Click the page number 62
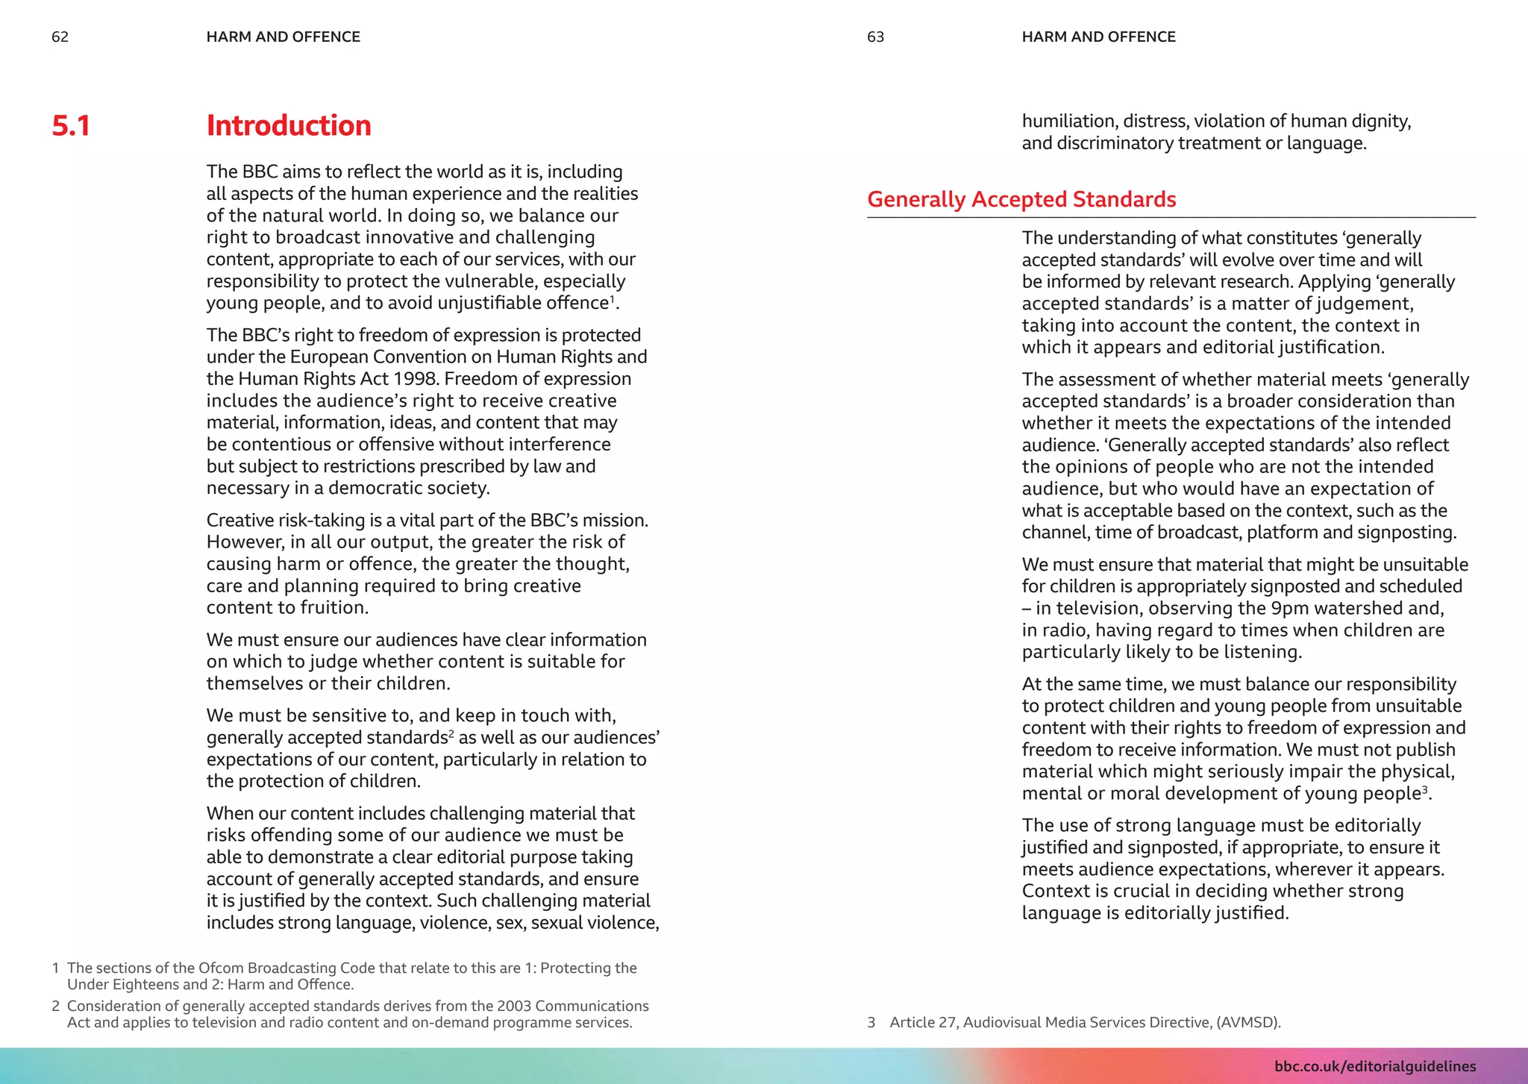(x=60, y=37)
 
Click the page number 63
(x=875, y=37)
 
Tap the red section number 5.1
(x=71, y=125)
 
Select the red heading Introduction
(x=288, y=125)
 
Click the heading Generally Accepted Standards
(x=1021, y=199)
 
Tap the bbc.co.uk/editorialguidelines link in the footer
(x=1374, y=1066)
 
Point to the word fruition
(x=334, y=608)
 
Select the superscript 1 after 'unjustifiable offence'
(x=612, y=298)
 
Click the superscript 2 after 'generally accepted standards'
(x=451, y=733)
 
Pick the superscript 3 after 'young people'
(x=1424, y=789)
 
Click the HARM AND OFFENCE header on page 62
(x=283, y=37)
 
